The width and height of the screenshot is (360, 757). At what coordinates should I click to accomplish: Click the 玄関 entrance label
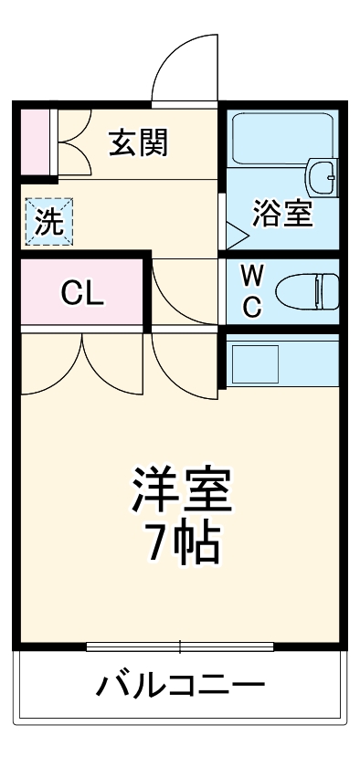point(140,143)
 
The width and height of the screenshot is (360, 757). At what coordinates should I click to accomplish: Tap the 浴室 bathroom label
point(283,215)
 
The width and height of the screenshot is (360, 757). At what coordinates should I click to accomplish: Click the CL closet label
point(82,294)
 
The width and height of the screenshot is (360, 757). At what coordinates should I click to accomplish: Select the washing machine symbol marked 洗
point(43,222)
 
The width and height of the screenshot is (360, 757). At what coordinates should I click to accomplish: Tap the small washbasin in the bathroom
point(322,175)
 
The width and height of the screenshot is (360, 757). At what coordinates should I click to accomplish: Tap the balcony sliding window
point(180,647)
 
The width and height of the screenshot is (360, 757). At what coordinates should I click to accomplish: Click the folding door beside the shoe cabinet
point(72,142)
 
